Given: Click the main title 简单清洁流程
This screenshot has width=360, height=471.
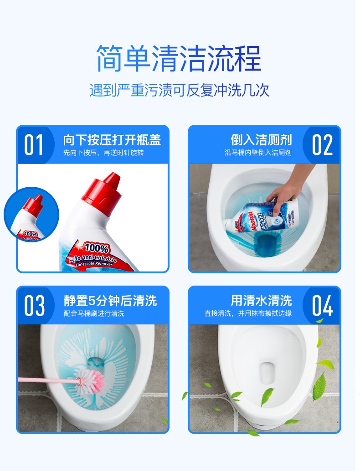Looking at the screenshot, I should pyautogui.click(x=179, y=58).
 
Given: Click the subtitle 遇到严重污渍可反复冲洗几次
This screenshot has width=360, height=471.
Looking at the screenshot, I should pyautogui.click(x=179, y=90).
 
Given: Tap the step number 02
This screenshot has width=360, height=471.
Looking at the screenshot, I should pyautogui.click(x=322, y=145).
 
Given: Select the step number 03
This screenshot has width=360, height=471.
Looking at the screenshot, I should pyautogui.click(x=35, y=305).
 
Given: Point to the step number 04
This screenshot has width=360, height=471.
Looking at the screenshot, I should pyautogui.click(x=322, y=306).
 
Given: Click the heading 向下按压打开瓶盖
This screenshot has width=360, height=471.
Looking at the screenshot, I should pyautogui.click(x=112, y=140).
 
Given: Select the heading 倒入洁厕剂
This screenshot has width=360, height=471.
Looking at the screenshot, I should pyautogui.click(x=261, y=140).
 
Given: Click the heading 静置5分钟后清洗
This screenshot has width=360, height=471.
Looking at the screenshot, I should pyautogui.click(x=110, y=301).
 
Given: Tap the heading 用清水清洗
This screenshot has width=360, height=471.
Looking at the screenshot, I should pyautogui.click(x=261, y=301).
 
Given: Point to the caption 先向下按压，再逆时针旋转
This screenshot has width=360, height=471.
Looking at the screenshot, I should pyautogui.click(x=103, y=153).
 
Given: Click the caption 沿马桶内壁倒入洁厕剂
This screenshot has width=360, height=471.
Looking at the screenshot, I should pyautogui.click(x=258, y=153).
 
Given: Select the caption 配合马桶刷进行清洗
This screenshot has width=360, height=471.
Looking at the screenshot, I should pyautogui.click(x=94, y=313).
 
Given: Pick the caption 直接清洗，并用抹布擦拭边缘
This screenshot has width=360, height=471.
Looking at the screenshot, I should pyautogui.click(x=248, y=313).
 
